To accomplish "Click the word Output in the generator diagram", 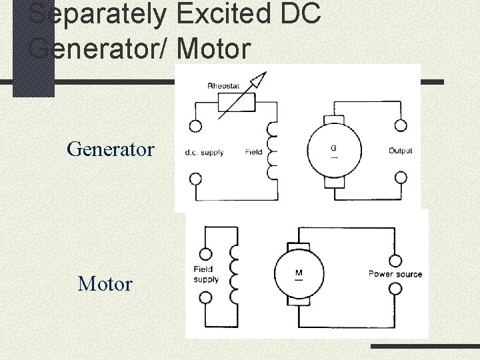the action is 401,151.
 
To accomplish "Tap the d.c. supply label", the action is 205,152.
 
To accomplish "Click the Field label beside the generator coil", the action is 254,152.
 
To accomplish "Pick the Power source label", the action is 395,274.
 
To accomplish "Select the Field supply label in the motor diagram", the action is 207,275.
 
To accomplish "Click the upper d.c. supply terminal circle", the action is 196,125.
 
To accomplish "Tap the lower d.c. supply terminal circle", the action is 196,179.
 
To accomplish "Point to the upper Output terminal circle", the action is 401,125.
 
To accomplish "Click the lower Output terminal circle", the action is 401,177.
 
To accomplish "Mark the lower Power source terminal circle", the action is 395,289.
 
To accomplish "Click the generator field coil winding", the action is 272,151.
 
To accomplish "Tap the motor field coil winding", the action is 233,273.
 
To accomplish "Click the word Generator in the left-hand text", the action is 111,149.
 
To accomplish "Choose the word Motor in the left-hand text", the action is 105,284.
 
